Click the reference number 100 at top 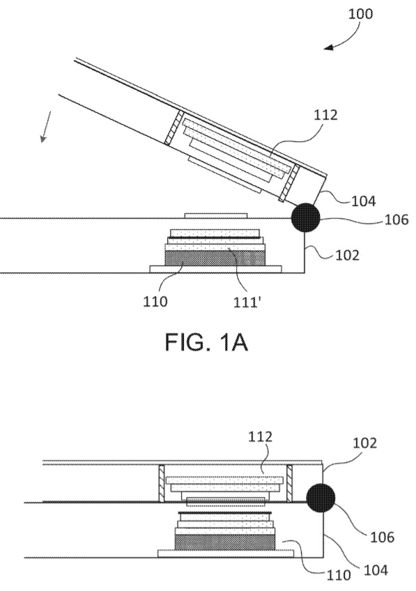[x=360, y=14]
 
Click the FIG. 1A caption [x=207, y=342]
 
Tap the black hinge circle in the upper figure [x=305, y=217]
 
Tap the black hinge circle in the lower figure [x=321, y=498]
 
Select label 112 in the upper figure [x=326, y=115]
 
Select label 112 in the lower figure [x=260, y=437]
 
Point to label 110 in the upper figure [x=155, y=301]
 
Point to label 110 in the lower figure [x=339, y=575]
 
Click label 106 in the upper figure [x=396, y=219]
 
